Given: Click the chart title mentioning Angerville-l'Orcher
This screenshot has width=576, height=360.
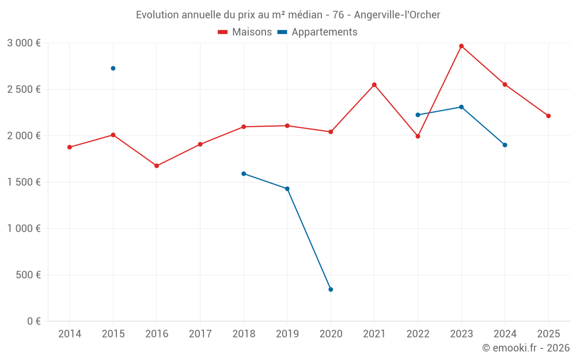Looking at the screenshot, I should (x=288, y=14).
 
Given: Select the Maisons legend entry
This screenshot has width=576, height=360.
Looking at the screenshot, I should (x=245, y=32).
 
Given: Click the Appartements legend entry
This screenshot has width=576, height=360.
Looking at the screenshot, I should (x=317, y=32).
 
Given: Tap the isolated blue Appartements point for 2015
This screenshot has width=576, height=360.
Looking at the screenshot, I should (x=113, y=69).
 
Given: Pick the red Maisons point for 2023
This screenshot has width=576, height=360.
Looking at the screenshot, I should (x=461, y=46).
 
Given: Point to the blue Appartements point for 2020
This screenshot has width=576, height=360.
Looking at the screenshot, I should (x=331, y=289).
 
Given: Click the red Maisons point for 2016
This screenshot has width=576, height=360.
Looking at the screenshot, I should (x=157, y=166).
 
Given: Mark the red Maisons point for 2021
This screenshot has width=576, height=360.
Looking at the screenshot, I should (x=374, y=85).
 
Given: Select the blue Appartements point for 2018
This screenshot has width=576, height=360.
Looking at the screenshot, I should (x=244, y=173).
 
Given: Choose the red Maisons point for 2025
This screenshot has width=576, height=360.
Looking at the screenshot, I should (x=548, y=116).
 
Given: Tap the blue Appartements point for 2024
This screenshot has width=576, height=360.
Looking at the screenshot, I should (x=505, y=145).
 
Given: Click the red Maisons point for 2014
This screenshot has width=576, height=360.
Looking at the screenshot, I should (x=70, y=147).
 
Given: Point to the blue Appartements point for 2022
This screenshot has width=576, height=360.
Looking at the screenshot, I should (x=418, y=115).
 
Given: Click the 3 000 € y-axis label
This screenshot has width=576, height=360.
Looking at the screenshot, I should (x=24, y=43).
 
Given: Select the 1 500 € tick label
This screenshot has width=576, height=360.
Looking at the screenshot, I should (x=24, y=182).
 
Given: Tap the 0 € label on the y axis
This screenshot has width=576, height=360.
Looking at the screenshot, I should (x=33, y=321).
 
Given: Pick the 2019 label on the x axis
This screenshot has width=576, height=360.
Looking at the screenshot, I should (x=287, y=334).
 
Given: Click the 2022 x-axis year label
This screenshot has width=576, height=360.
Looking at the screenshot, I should (x=418, y=334).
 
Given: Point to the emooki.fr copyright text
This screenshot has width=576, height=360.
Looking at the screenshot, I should (x=525, y=348).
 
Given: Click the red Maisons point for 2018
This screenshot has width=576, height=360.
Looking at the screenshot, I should (x=244, y=127).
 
